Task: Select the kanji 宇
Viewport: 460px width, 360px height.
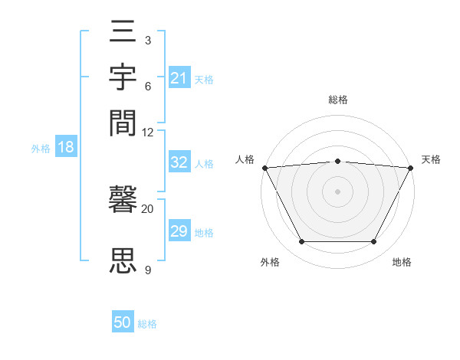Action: pyautogui.click(x=123, y=79)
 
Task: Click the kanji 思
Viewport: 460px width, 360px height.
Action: pyautogui.click(x=123, y=260)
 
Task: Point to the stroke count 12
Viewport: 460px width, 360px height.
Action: pyautogui.click(x=148, y=132)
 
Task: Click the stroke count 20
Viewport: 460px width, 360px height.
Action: pyautogui.click(x=148, y=208)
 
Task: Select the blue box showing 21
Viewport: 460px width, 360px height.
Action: pyautogui.click(x=179, y=78)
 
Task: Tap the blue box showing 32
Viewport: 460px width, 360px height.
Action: pyautogui.click(x=179, y=163)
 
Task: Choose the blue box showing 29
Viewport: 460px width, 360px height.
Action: pyautogui.click(x=179, y=231)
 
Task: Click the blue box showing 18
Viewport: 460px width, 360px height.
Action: pyautogui.click(x=65, y=147)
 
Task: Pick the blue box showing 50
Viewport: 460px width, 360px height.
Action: pyautogui.click(x=123, y=323)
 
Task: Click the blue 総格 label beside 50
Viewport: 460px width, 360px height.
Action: pyautogui.click(x=147, y=324)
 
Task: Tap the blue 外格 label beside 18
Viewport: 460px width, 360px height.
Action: pyautogui.click(x=41, y=149)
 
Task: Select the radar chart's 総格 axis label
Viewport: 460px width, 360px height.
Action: pyautogui.click(x=338, y=100)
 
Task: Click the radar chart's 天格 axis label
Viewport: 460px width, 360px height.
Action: pyautogui.click(x=431, y=159)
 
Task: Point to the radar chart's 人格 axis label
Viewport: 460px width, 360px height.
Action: pyautogui.click(x=245, y=159)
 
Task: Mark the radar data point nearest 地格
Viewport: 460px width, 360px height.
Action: pyautogui.click(x=374, y=242)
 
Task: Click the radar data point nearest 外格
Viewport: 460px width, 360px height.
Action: pyautogui.click(x=301, y=242)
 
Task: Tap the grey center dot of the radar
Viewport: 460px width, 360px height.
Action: pyautogui.click(x=337, y=191)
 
